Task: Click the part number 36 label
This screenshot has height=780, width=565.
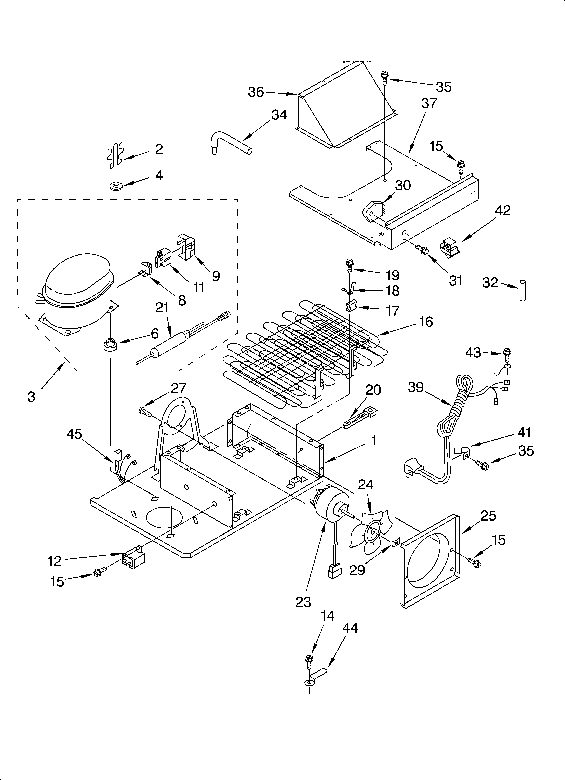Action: pyautogui.click(x=256, y=92)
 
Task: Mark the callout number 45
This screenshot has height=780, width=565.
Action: pyautogui.click(x=74, y=434)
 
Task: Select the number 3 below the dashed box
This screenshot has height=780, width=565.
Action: pyautogui.click(x=31, y=397)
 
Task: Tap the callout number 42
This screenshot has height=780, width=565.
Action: pyautogui.click(x=503, y=210)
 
